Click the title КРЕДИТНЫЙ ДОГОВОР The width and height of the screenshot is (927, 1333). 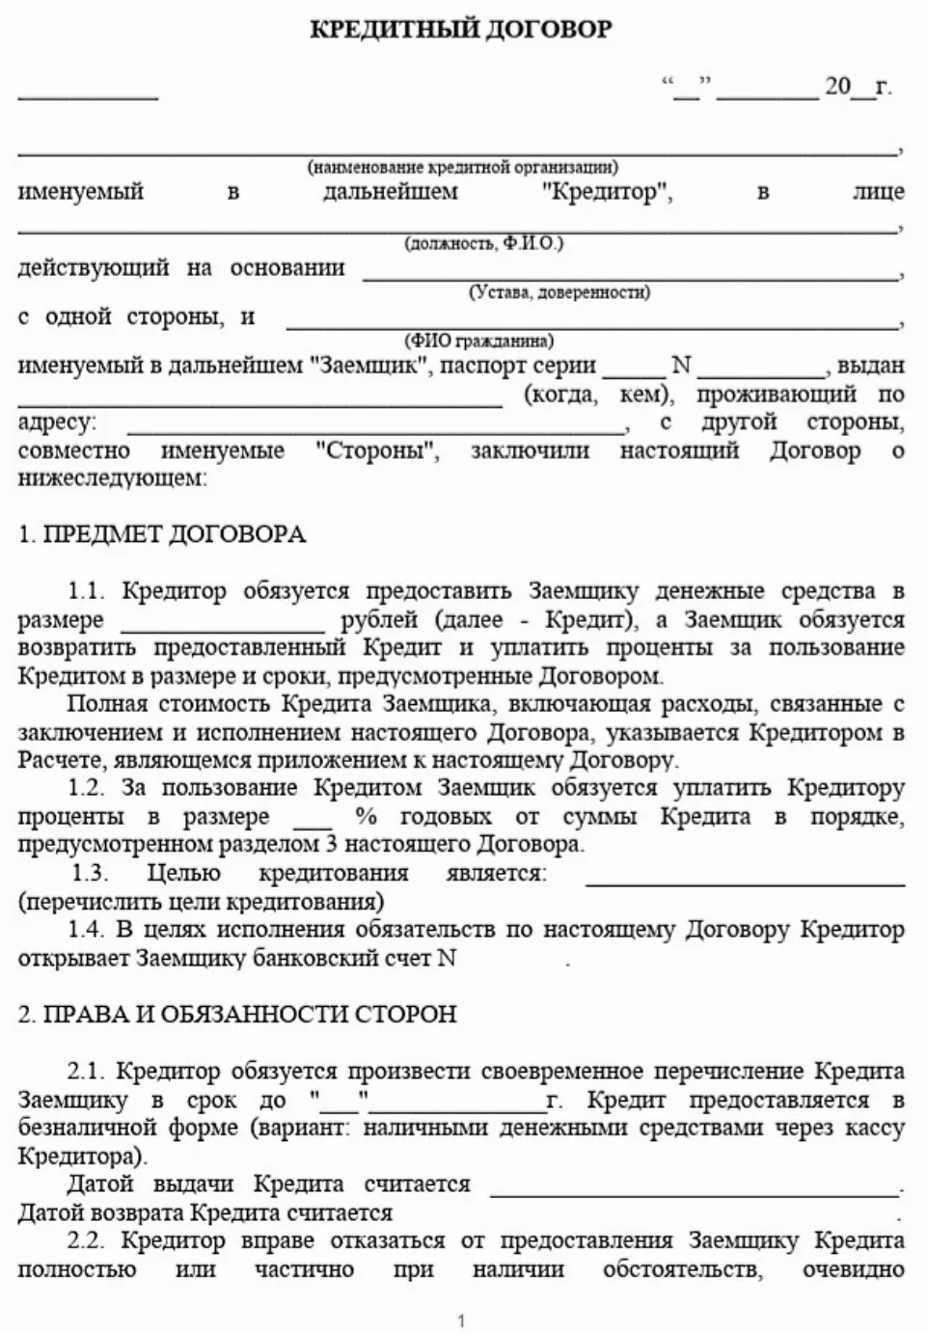460,29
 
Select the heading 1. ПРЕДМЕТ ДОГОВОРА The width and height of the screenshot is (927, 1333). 162,534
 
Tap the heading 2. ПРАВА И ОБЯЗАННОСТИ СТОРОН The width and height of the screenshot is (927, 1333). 237,1014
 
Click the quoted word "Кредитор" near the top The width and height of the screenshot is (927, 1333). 607,192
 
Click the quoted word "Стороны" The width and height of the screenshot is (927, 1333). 377,450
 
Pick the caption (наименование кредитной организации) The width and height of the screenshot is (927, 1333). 463,167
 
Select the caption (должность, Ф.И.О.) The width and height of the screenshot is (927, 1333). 483,243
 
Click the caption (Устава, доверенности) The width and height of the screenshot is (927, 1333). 559,291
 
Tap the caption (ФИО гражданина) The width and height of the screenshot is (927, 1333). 478,340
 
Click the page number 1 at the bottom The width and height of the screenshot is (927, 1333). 461,1320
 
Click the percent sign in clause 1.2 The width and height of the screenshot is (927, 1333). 366,817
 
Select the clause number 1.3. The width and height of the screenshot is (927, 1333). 89,874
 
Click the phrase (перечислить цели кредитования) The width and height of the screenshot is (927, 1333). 201,903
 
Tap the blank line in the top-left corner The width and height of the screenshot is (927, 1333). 87,96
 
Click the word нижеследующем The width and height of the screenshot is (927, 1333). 112,478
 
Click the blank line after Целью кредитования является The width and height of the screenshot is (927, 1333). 745,882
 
